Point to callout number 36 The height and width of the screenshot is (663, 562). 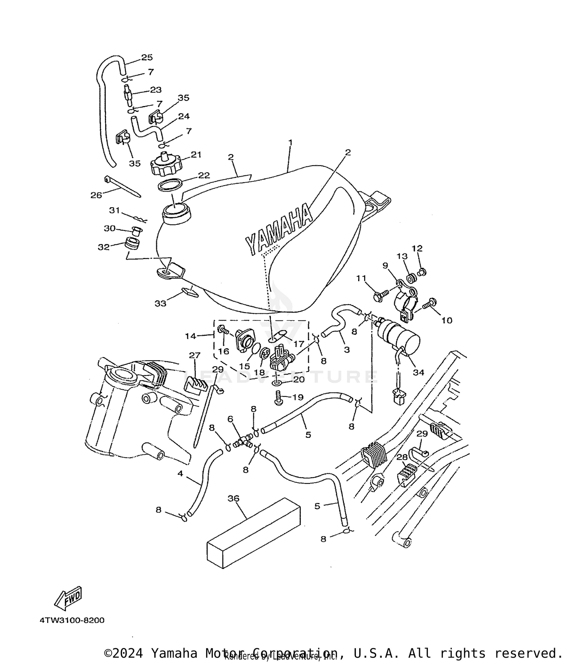[x=233, y=498]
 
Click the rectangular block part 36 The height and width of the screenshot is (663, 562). [x=254, y=532]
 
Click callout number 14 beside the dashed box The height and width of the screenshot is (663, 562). [x=190, y=336]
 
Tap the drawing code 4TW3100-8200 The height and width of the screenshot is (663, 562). [x=72, y=620]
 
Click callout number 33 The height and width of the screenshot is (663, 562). [x=160, y=304]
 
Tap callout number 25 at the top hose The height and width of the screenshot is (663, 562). [x=147, y=57]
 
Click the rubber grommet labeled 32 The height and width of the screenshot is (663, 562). [x=132, y=244]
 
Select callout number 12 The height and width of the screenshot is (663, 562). [x=417, y=248]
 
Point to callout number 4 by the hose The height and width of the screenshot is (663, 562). [x=180, y=474]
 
